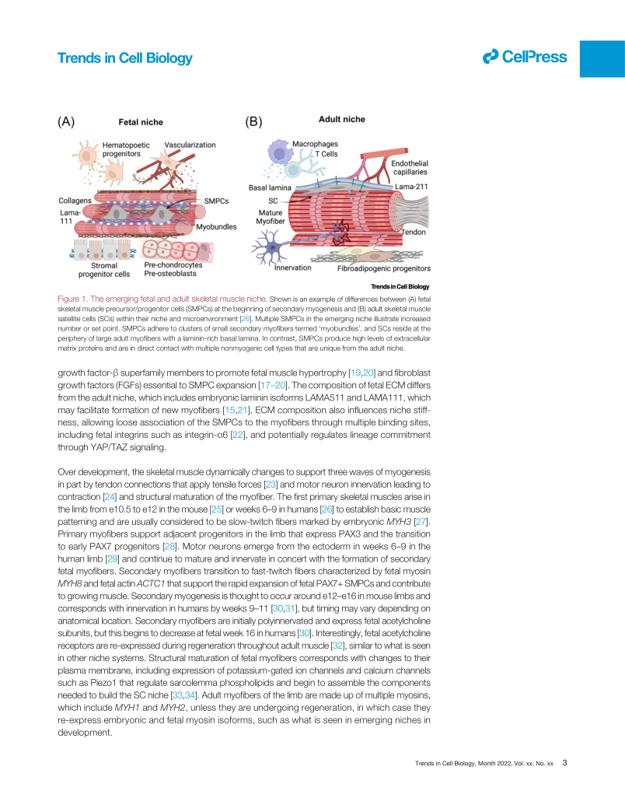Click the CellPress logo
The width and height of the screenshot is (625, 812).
(525, 57)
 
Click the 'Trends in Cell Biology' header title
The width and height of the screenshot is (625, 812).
(124, 58)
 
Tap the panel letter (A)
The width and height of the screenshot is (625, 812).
(67, 121)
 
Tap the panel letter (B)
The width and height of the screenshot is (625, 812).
(254, 121)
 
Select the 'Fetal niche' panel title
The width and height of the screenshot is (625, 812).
(140, 122)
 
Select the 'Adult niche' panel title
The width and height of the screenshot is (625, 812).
(341, 120)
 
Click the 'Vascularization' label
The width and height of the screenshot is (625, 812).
(190, 145)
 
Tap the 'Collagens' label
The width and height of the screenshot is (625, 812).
(75, 201)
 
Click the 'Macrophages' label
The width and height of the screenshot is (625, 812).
(315, 144)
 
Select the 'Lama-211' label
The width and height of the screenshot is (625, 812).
(411, 187)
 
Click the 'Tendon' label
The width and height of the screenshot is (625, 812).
(413, 232)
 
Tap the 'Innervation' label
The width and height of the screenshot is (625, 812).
(293, 268)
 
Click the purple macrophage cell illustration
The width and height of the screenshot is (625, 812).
(278, 151)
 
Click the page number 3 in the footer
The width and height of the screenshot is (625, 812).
(564, 763)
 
